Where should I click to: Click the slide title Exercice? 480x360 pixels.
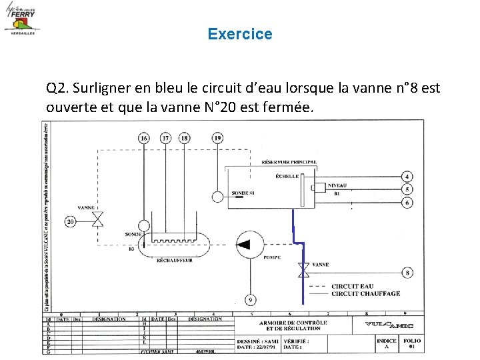pyautogui.click(x=240, y=33)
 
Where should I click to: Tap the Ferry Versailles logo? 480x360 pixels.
pyautogui.click(x=22, y=19)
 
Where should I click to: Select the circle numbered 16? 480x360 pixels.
pyautogui.click(x=144, y=138)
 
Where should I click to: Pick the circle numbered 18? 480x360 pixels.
pyautogui.click(x=185, y=138)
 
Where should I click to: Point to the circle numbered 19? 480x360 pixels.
pyautogui.click(x=217, y=138)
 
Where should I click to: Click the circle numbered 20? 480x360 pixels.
pyautogui.click(x=71, y=221)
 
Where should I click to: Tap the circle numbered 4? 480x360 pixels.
pyautogui.click(x=407, y=177)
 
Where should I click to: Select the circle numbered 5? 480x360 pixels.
pyautogui.click(x=407, y=189)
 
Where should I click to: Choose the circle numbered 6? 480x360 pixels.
pyautogui.click(x=407, y=202)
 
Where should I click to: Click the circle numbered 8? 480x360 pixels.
pyautogui.click(x=407, y=273)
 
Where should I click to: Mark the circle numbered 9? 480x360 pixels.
pyautogui.click(x=250, y=300)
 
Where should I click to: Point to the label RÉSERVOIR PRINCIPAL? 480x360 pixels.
pyautogui.click(x=289, y=162)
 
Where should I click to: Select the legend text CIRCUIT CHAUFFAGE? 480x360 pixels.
pyautogui.click(x=365, y=293)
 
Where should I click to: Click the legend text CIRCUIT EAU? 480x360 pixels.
pyautogui.click(x=353, y=286)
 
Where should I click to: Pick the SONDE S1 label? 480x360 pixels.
pyautogui.click(x=243, y=193)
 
